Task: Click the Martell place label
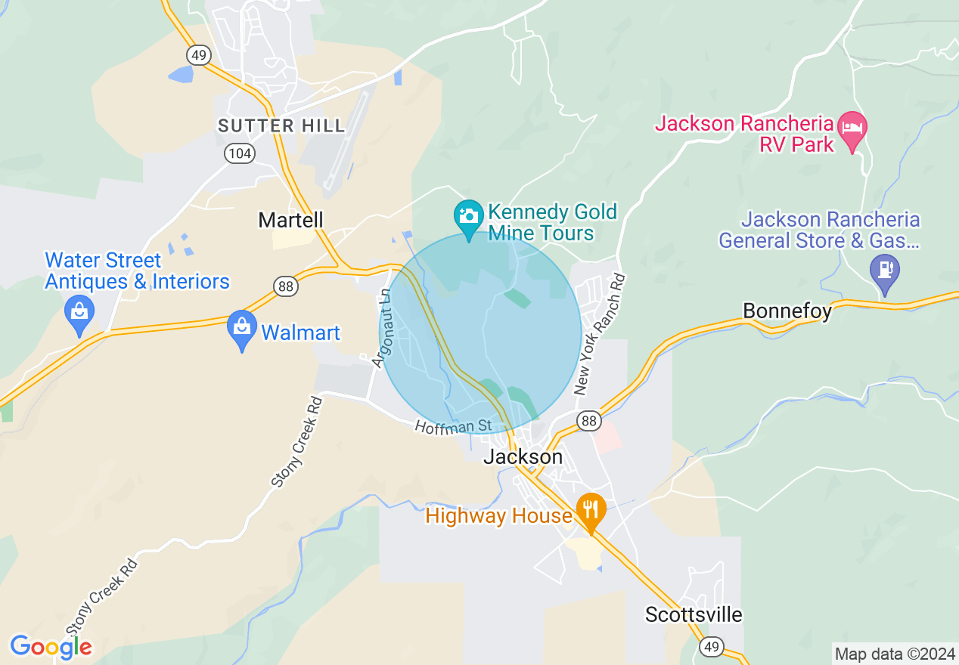point(290,220)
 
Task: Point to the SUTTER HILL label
point(281,125)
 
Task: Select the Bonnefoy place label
point(787,311)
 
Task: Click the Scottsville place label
point(694,614)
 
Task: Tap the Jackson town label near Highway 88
point(523,456)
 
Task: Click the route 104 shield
point(239,153)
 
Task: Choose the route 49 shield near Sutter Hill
point(199,54)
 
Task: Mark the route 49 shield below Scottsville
point(711,646)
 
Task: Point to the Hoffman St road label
point(453,426)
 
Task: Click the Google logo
point(51,646)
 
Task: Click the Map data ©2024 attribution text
point(895,654)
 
